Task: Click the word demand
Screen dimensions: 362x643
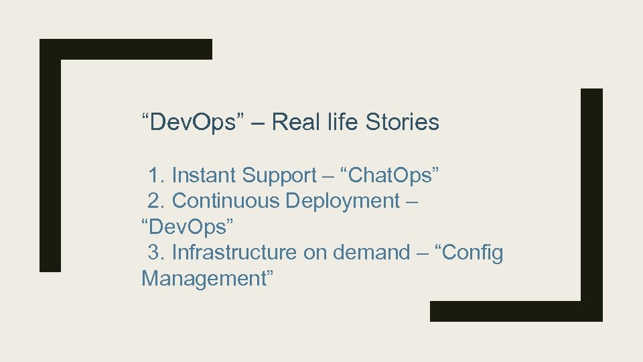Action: (x=370, y=253)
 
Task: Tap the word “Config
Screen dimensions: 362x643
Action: (x=469, y=253)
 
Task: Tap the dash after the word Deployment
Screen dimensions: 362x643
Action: (x=412, y=201)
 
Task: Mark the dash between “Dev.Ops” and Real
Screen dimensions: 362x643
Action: (x=258, y=123)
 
